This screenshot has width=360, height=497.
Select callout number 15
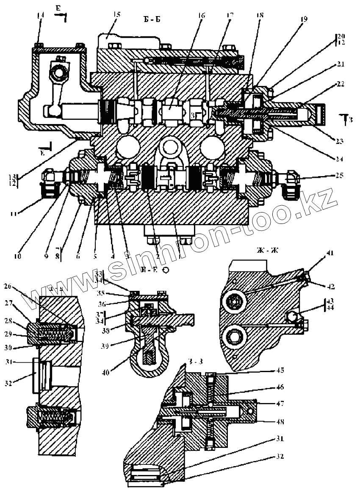pyautogui.click(x=116, y=14)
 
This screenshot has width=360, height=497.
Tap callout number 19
pyautogui.click(x=305, y=19)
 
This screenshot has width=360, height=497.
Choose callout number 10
pyautogui.click(x=17, y=255)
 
